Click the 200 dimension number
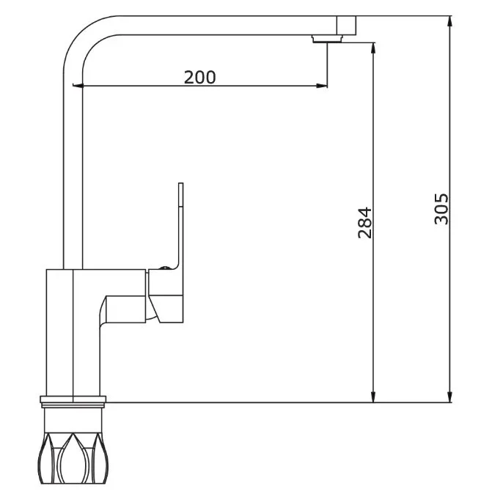[x=199, y=78]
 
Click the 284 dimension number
[x=364, y=223]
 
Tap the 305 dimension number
[x=441, y=209]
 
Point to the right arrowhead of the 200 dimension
[x=321, y=85]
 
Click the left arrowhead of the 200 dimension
[x=78, y=85]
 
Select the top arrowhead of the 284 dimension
[x=373, y=48]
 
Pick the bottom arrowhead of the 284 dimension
[x=373, y=397]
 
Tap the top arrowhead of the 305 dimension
[x=449, y=21]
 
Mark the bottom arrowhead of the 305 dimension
[x=449, y=397]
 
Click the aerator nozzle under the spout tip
[x=327, y=39]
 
